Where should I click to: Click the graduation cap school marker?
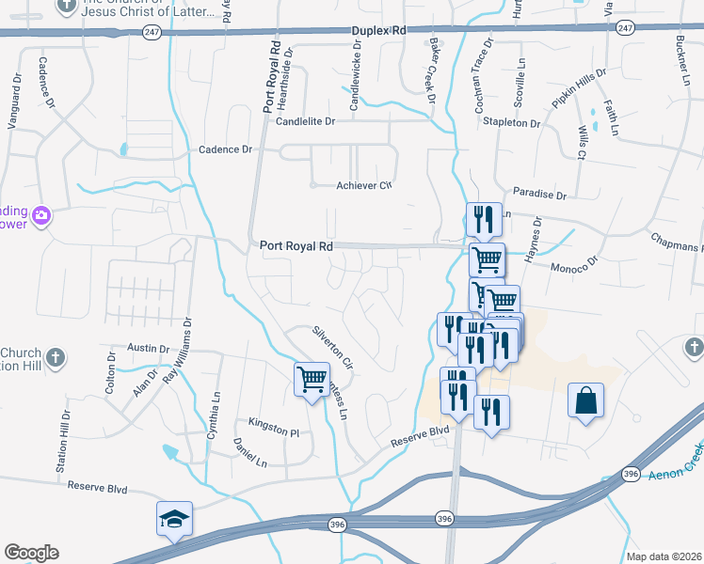click(x=174, y=519)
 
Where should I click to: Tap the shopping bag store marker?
click(x=585, y=401)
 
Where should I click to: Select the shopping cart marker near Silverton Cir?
click(x=312, y=380)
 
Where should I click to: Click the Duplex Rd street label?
click(x=378, y=31)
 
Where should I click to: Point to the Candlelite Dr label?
click(x=305, y=121)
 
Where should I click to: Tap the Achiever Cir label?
click(x=363, y=185)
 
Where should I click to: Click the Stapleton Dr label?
click(x=512, y=123)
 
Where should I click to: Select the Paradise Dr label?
click(x=541, y=196)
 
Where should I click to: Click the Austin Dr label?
click(x=146, y=348)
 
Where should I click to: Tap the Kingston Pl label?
click(x=273, y=429)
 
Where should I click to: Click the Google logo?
click(x=31, y=552)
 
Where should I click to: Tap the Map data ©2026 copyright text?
click(x=664, y=556)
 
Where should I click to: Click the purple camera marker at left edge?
click(x=40, y=217)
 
